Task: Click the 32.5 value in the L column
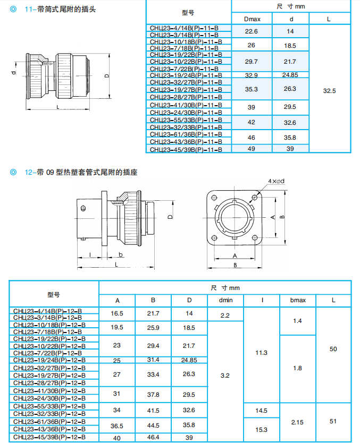click(x=329, y=91)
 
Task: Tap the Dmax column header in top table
click(x=252, y=19)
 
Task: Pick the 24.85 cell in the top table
click(x=290, y=75)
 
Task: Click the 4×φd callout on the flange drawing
click(x=276, y=181)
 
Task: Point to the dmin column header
click(x=224, y=301)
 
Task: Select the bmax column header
click(x=298, y=301)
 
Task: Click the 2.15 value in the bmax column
click(x=298, y=422)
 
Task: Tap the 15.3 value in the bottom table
click(x=261, y=430)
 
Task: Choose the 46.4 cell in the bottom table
click(x=153, y=437)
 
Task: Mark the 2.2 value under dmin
click(x=224, y=316)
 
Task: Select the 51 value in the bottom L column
click(x=333, y=422)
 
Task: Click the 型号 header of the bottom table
click(x=54, y=294)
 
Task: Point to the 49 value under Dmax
click(x=252, y=149)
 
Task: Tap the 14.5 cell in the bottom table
click(x=261, y=411)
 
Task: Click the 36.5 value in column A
click(x=118, y=425)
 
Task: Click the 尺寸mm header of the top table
click(x=291, y=7)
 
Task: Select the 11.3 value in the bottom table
click(x=261, y=353)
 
